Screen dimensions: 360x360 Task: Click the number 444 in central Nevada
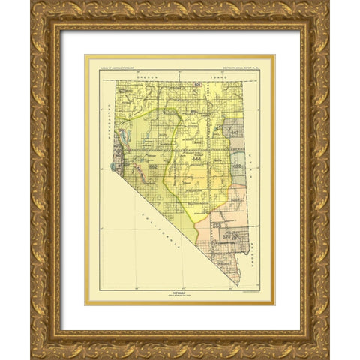click(x=196, y=160)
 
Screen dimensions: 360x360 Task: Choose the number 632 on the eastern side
click(x=234, y=166)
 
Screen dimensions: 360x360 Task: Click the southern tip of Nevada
click(x=240, y=286)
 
